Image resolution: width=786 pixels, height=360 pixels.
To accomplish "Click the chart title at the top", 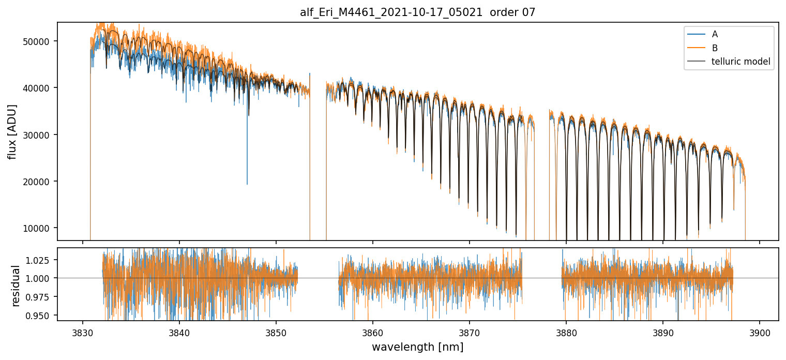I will (417, 12).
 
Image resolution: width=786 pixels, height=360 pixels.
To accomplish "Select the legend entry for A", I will (715, 34).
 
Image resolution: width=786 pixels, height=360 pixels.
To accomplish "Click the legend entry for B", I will (715, 48).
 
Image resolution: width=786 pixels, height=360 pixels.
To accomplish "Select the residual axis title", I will (16, 286).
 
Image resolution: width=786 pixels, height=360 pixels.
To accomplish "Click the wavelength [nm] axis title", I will (417, 347).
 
